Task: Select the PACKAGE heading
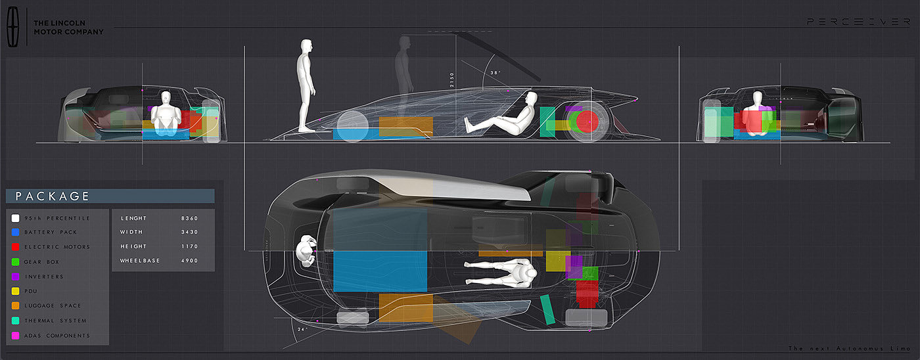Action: pos(53,196)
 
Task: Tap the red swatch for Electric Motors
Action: pos(16,247)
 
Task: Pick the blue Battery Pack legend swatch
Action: pos(16,232)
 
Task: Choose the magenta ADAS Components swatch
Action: pos(16,336)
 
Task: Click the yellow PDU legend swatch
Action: pos(16,291)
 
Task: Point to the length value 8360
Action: pos(189,218)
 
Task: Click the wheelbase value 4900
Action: pos(189,261)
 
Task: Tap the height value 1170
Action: pos(189,247)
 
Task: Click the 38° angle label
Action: pos(495,73)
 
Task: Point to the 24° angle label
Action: pos(302,328)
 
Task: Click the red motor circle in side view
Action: pos(587,122)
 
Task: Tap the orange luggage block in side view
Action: pos(405,126)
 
